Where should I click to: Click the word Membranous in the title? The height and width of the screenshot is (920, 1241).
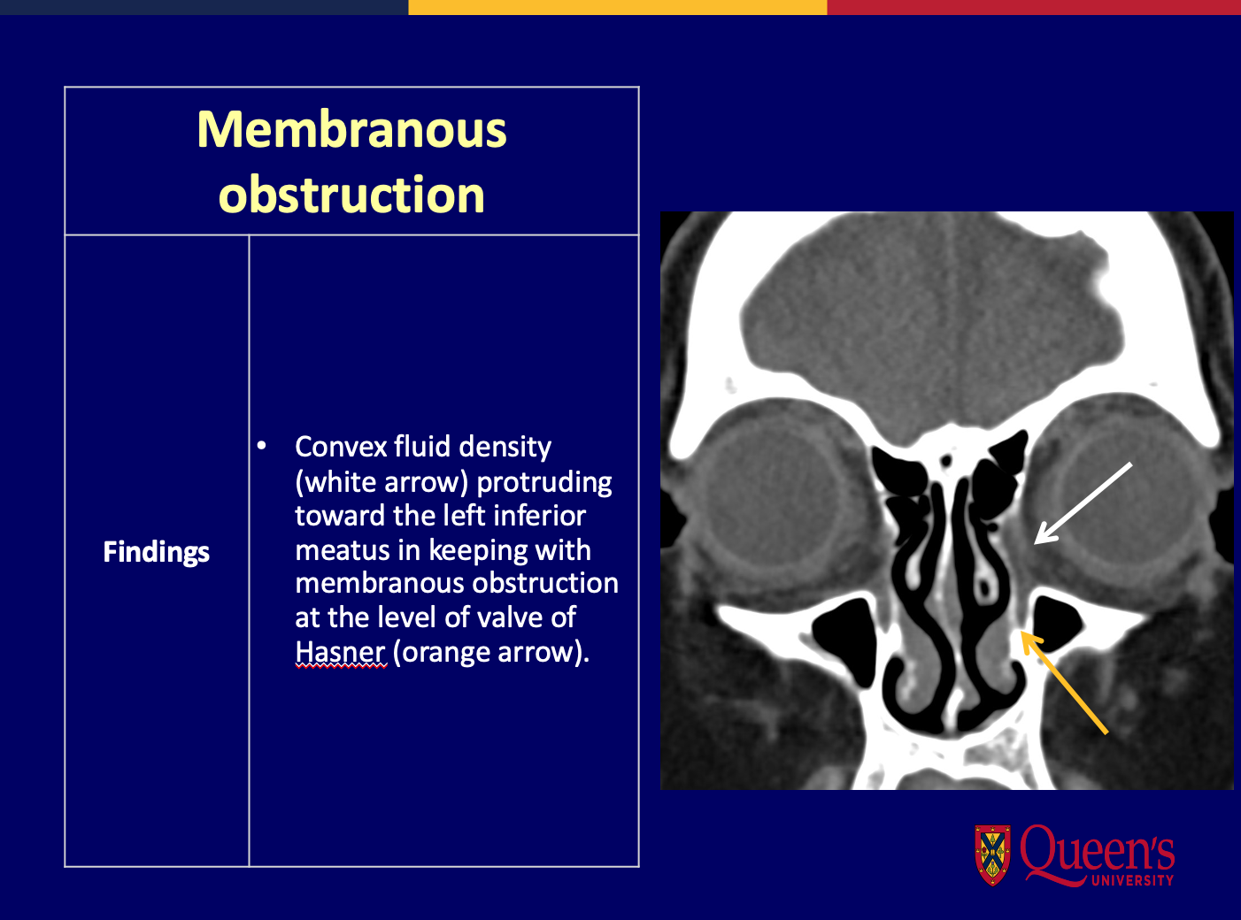tap(351, 129)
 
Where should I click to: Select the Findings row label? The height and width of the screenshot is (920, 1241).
tap(156, 552)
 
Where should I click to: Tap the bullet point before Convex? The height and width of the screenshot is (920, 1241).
tap(261, 447)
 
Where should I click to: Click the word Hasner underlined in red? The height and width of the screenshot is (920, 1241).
tap(340, 652)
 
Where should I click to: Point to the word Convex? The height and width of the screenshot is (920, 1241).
tap(342, 447)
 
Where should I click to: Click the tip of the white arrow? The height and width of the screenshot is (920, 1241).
tap(1035, 543)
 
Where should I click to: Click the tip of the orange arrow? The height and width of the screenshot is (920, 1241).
tap(1021, 632)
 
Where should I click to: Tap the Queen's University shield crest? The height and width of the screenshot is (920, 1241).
tap(992, 855)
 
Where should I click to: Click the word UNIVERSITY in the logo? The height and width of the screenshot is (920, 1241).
tap(1132, 881)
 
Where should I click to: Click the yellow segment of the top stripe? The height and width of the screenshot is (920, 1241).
tap(618, 7)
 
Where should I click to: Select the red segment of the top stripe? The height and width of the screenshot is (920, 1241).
tap(1034, 7)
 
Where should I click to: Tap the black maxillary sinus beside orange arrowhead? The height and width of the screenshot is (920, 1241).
tap(1056, 621)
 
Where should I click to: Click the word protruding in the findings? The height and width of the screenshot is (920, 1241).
tap(543, 482)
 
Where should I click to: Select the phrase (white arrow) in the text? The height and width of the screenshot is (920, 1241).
tap(382, 482)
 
